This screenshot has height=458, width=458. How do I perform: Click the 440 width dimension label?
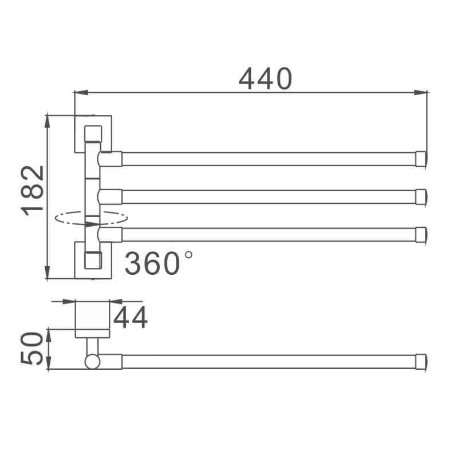(265, 78)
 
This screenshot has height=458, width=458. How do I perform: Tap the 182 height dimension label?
(33, 191)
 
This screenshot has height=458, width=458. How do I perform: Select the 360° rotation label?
(159, 263)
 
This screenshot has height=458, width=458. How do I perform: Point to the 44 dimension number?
(131, 318)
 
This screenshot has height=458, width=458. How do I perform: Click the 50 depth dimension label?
(32, 349)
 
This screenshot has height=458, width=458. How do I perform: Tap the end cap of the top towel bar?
(421, 159)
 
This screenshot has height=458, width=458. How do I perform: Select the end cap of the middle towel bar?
(421, 197)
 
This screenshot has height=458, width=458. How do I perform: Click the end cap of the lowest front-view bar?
(421, 235)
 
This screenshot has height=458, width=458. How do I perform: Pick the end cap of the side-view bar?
(421, 362)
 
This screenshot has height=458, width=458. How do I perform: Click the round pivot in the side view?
(92, 362)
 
